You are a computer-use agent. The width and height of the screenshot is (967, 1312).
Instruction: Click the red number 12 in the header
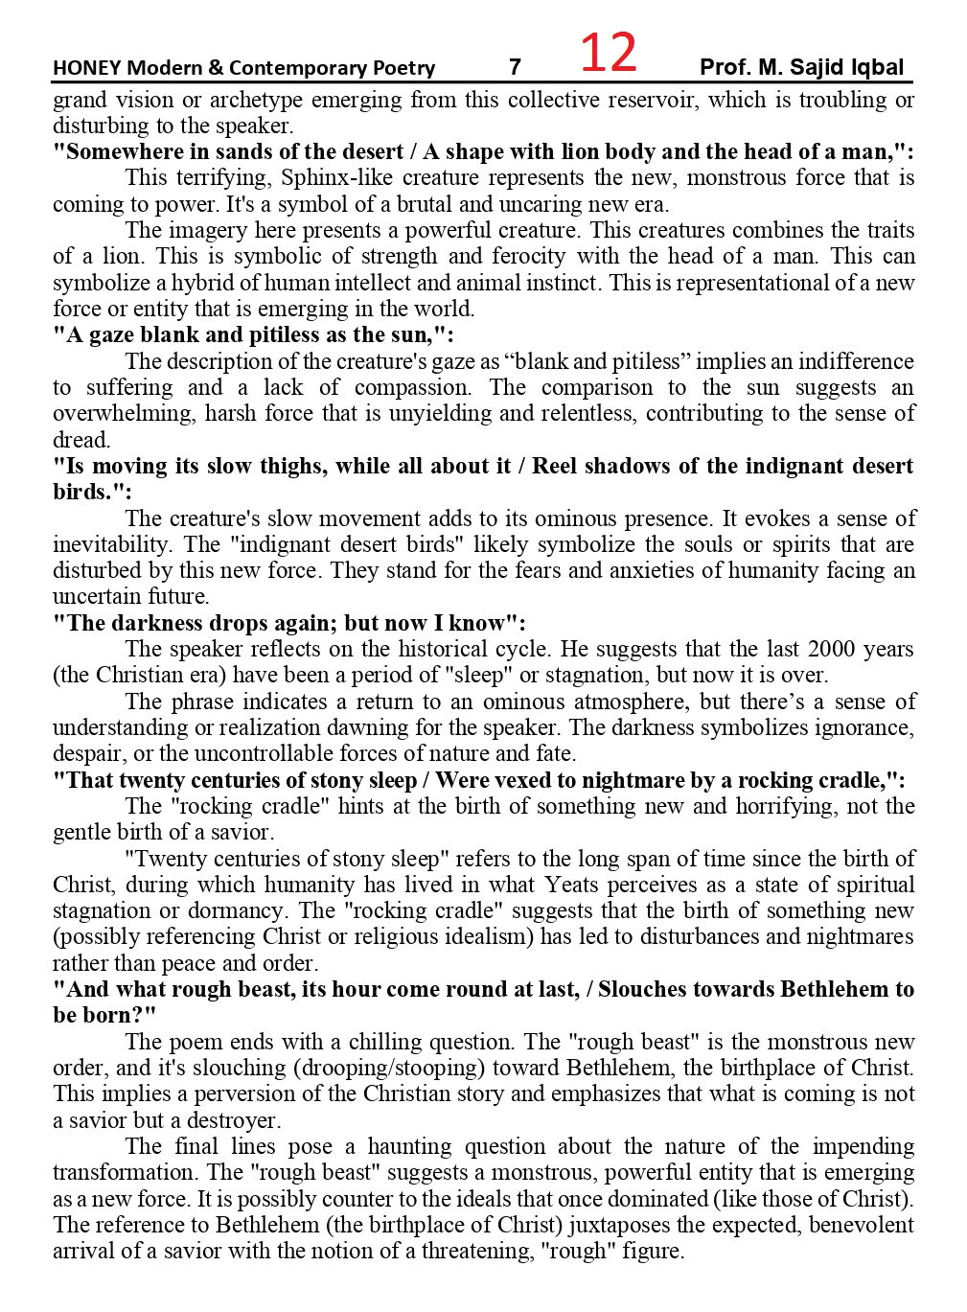pos(609,53)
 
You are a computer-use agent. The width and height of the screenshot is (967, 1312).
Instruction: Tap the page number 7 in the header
pos(515,67)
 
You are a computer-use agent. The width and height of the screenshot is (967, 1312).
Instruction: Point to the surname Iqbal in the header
pos(875,67)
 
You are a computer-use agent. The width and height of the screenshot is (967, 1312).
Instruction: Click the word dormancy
pos(238,910)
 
